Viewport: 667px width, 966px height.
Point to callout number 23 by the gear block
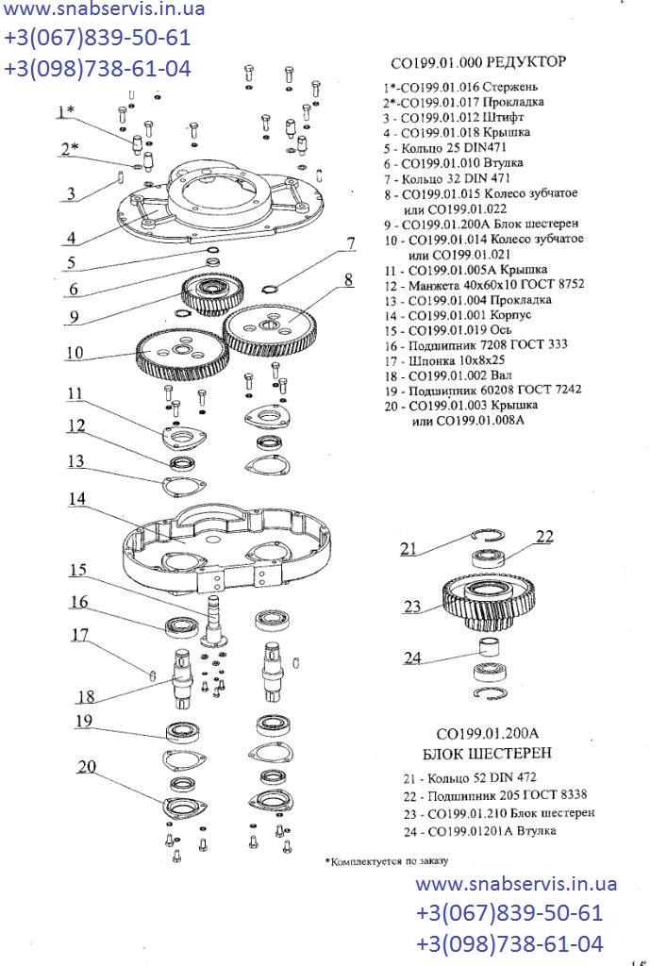[412, 607]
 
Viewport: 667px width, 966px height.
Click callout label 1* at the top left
[66, 112]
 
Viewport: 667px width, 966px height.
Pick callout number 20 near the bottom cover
[87, 768]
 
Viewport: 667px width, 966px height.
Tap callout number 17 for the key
[80, 635]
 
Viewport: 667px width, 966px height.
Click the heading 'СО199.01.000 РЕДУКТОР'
[478, 63]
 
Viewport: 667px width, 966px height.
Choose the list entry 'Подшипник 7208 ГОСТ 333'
[485, 345]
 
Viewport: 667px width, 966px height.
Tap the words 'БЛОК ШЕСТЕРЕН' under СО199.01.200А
[487, 753]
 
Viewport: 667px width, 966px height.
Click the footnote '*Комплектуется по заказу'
[386, 861]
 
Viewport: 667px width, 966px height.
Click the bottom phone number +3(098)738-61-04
[509, 944]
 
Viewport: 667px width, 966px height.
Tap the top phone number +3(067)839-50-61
[97, 40]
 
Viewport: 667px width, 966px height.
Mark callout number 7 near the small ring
[350, 243]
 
